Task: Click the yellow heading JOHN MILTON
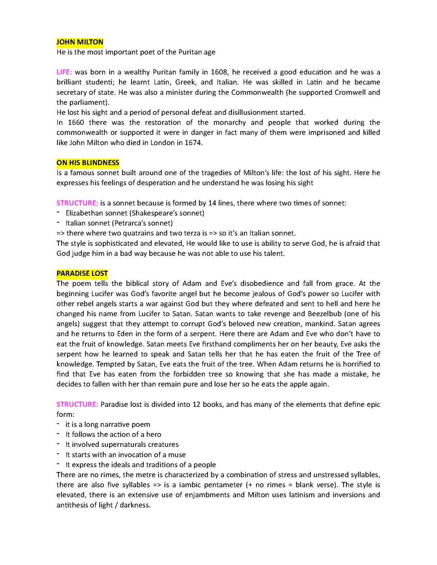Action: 80,42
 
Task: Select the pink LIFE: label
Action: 64,72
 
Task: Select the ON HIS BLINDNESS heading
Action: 88,163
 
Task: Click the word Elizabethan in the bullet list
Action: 85,213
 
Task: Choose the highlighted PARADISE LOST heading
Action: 82,273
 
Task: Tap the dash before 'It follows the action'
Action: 58,434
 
